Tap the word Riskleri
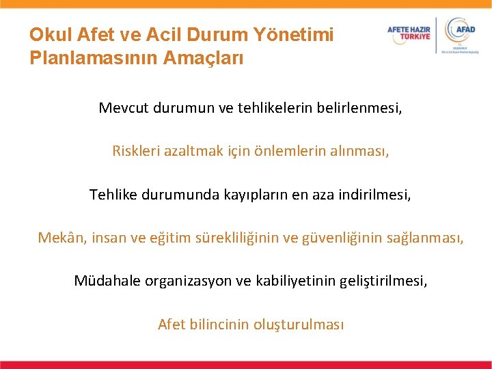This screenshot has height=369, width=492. (x=135, y=151)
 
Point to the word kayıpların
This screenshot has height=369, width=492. (x=249, y=195)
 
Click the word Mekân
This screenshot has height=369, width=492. (x=59, y=238)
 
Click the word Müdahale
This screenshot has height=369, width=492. (x=107, y=281)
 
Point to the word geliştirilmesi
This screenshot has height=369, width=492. (x=384, y=281)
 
